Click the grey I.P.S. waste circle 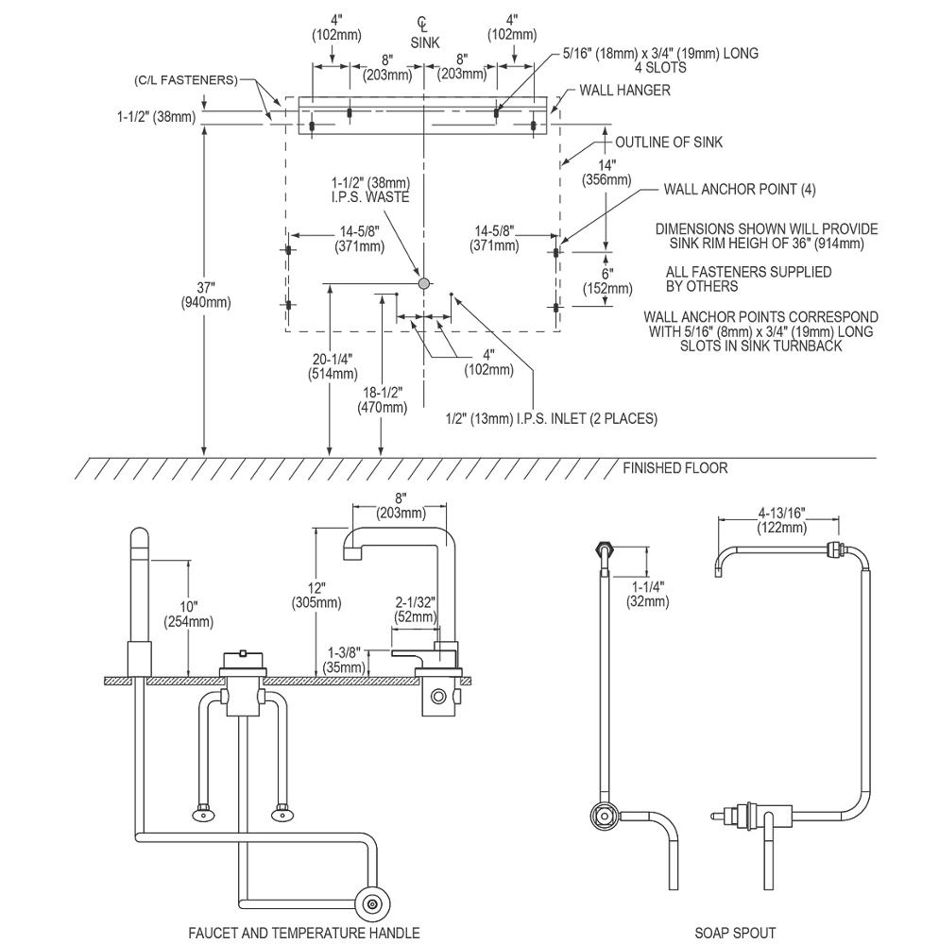424,282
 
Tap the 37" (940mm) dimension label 206,295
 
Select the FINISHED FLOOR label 675,468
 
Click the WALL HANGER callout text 624,91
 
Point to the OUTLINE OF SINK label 669,143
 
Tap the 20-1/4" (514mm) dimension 333,366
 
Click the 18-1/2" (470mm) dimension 383,400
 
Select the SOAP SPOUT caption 735,933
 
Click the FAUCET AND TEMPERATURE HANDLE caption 304,933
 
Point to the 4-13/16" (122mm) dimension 782,520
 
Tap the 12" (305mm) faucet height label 316,595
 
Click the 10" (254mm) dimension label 189,615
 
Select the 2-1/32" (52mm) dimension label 416,609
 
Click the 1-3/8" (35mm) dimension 344,660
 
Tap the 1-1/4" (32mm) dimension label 647,594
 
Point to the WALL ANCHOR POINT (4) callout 740,190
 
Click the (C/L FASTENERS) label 186,80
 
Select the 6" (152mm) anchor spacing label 607,281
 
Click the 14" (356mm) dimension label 606,172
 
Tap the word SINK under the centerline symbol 425,42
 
